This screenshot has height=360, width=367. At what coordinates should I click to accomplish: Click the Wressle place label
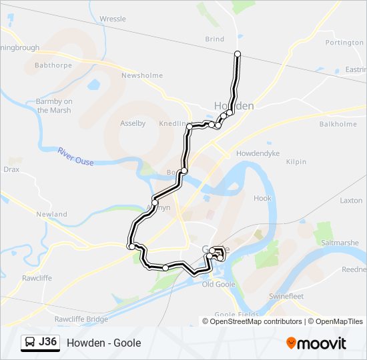click(x=112, y=19)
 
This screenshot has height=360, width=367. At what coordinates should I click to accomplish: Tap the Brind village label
click(x=215, y=39)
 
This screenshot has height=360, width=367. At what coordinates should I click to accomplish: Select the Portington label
click(x=344, y=43)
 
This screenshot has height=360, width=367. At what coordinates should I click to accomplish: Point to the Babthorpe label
click(x=53, y=66)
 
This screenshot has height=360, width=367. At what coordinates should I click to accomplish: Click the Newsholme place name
click(x=141, y=75)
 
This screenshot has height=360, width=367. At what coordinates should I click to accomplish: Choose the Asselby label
click(x=132, y=123)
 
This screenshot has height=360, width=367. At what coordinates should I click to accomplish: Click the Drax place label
click(x=11, y=169)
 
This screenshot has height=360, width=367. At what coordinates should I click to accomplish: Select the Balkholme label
click(x=338, y=124)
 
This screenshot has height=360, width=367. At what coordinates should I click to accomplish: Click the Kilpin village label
click(x=296, y=162)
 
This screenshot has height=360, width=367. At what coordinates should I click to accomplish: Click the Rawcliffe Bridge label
click(x=81, y=319)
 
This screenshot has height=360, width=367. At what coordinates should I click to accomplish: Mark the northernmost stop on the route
click(x=238, y=53)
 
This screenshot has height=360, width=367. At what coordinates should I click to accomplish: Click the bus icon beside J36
click(x=30, y=343)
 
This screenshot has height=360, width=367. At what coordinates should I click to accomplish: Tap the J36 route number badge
click(x=48, y=343)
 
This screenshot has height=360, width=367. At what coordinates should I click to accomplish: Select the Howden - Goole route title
click(x=103, y=343)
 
